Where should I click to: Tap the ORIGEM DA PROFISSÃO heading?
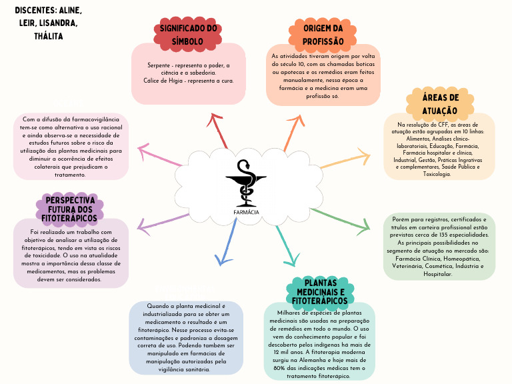tap(323, 35)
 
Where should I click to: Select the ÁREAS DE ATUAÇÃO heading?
tap(439, 104)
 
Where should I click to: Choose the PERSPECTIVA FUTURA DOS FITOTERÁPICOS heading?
tap(69, 209)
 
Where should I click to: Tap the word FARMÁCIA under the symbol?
tap(246, 212)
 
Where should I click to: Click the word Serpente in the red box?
tap(160, 65)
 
